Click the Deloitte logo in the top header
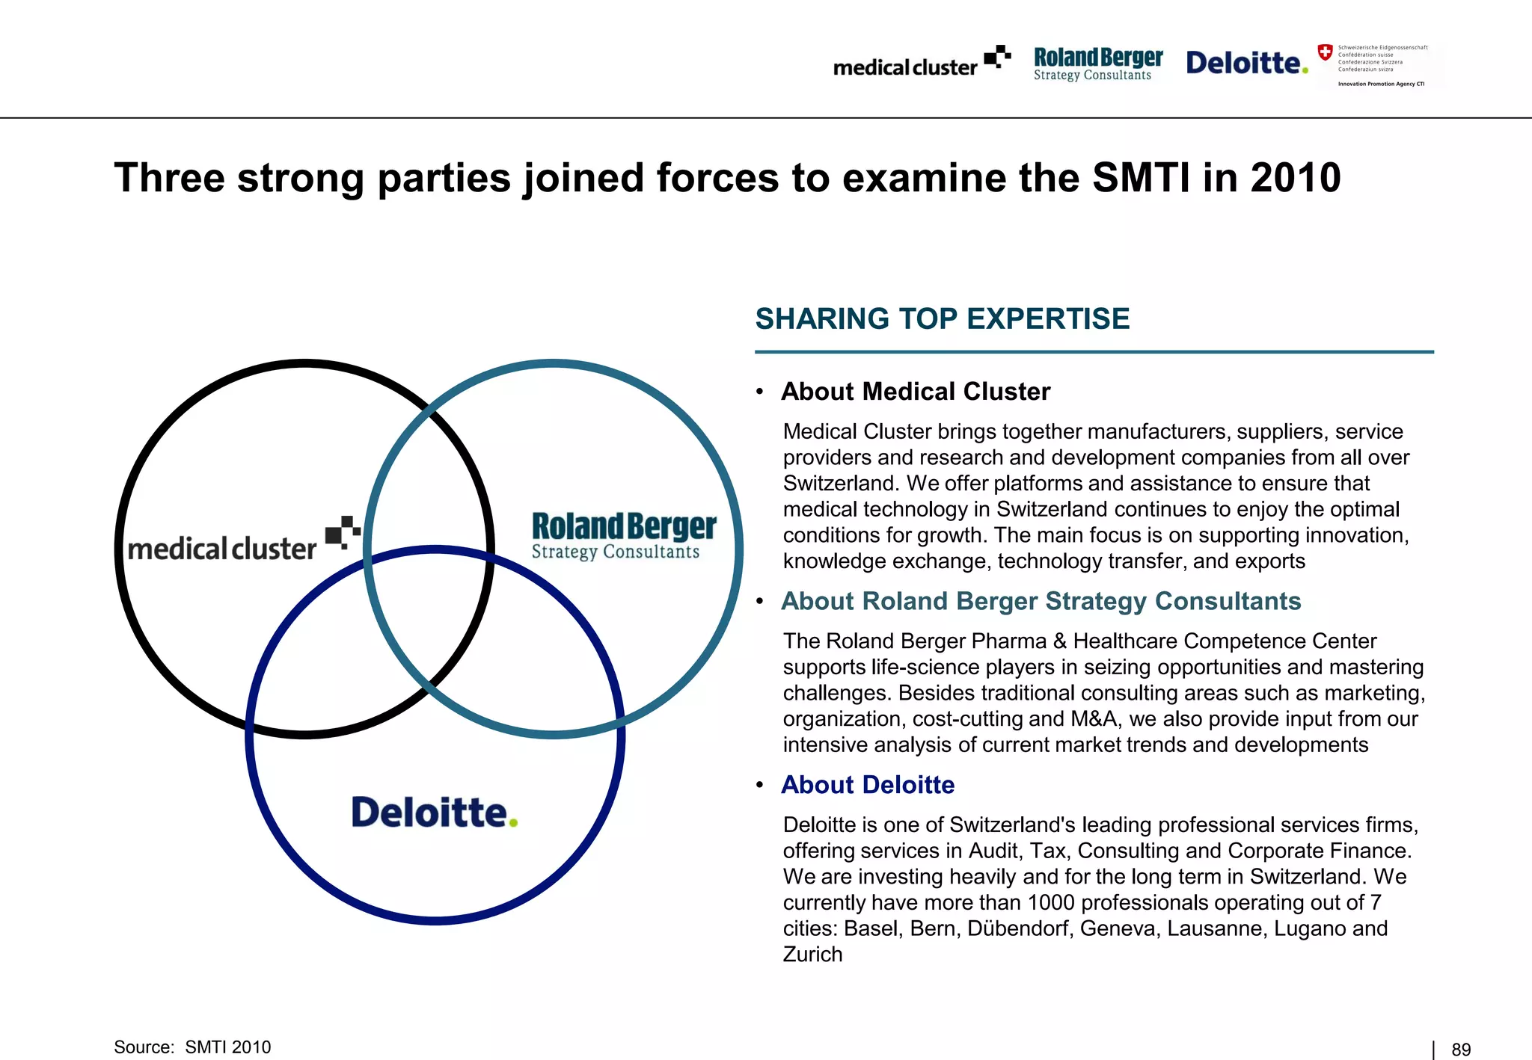click(x=1245, y=63)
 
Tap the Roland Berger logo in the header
click(x=1097, y=64)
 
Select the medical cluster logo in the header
click(x=921, y=63)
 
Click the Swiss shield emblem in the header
click(x=1325, y=52)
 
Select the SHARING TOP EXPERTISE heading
click(x=942, y=319)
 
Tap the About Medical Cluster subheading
click(x=915, y=391)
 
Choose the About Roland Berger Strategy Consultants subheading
click(x=1041, y=601)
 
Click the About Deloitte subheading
click(x=868, y=785)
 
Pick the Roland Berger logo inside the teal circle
click(x=623, y=535)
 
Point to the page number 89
click(x=1461, y=1050)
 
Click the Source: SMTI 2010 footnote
click(x=192, y=1047)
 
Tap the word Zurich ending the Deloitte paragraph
click(x=812, y=955)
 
